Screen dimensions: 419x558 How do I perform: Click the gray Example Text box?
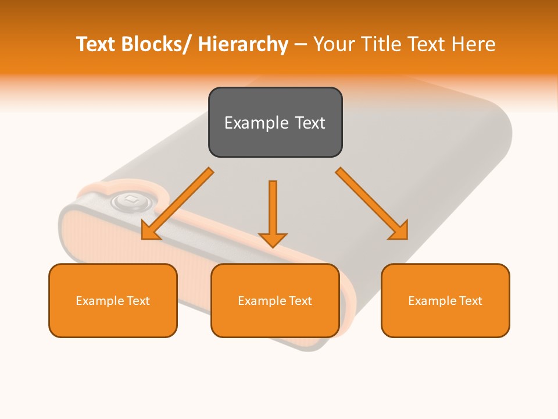[x=275, y=122]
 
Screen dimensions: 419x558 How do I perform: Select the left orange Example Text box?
[x=113, y=300]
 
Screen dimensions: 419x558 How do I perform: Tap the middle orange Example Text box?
[x=275, y=300]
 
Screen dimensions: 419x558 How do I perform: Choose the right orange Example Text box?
[x=445, y=300]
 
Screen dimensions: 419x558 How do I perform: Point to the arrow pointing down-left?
[x=177, y=204]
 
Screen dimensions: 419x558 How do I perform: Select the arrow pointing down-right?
[x=372, y=204]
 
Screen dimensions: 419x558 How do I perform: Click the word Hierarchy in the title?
[x=243, y=44]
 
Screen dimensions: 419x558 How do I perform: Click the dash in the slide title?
[x=301, y=44]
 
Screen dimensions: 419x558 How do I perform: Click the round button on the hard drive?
[x=132, y=201]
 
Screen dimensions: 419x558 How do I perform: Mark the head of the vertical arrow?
[x=273, y=239]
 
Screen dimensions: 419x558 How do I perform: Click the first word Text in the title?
[x=97, y=44]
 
